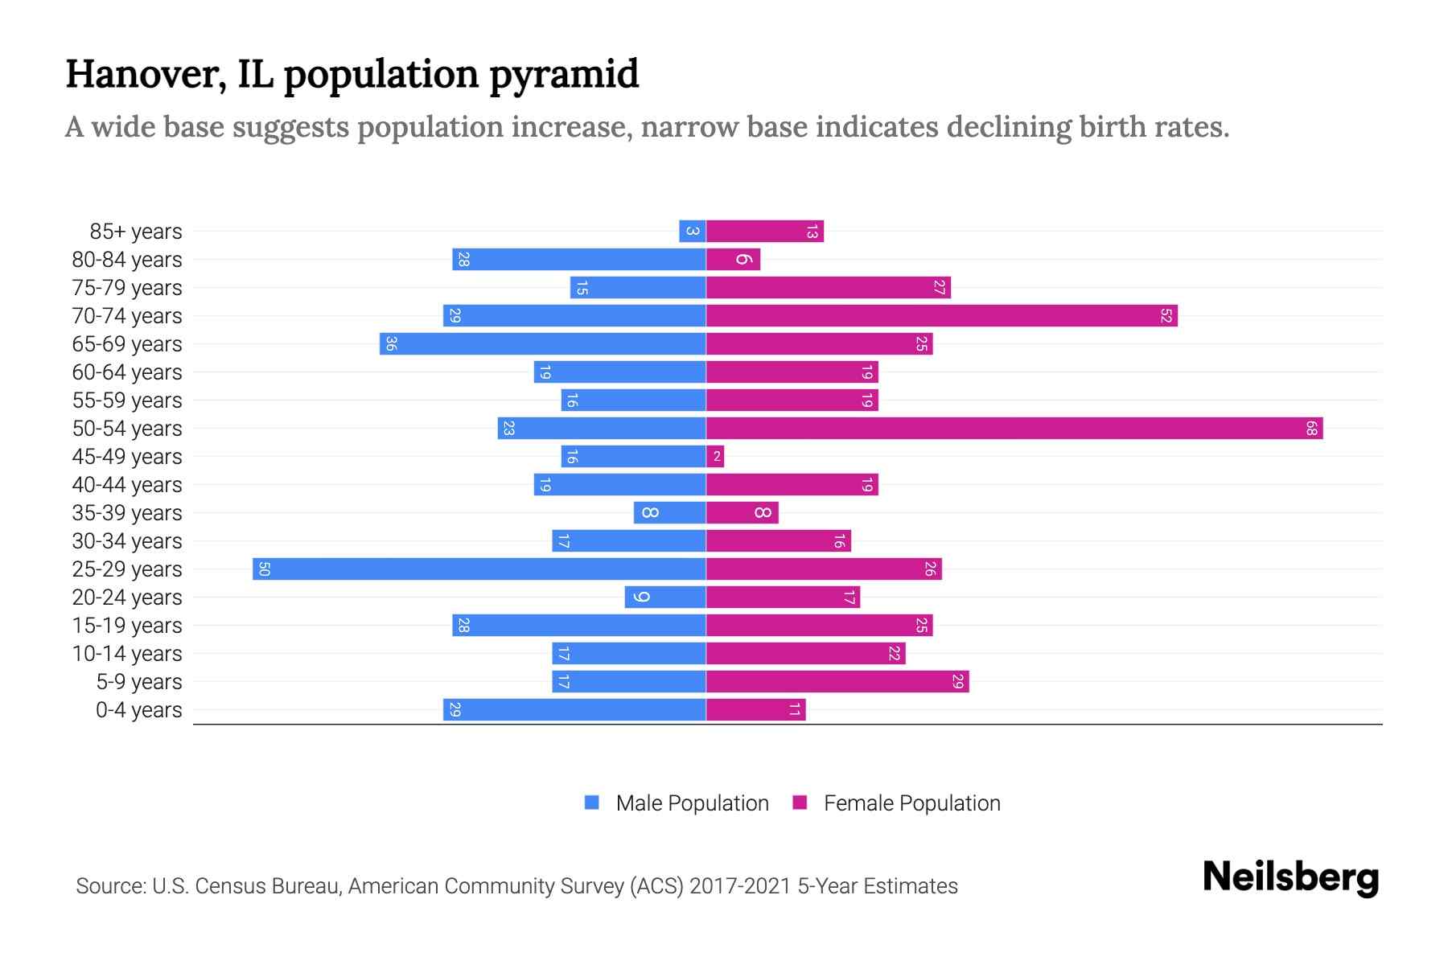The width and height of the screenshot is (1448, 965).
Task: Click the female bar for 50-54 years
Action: (x=1014, y=429)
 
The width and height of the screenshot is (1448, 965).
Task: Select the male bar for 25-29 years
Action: (x=479, y=569)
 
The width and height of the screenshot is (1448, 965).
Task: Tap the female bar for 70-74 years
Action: (x=941, y=316)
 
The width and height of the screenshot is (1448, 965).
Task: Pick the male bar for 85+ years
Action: (x=693, y=232)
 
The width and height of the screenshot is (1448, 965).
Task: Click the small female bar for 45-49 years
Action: (x=715, y=457)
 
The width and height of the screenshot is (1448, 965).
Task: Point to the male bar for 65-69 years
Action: (x=543, y=344)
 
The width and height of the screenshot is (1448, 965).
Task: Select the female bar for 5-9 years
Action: (x=837, y=682)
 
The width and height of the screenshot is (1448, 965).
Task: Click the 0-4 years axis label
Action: (x=138, y=710)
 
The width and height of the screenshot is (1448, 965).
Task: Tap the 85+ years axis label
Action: (x=136, y=232)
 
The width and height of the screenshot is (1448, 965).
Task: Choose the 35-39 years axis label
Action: (x=127, y=513)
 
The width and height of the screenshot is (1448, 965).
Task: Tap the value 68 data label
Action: (x=1311, y=429)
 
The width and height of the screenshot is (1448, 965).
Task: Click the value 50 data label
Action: (x=264, y=569)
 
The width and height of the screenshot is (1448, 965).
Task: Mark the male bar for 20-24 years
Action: (x=665, y=597)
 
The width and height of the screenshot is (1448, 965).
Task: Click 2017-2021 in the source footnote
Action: (x=740, y=886)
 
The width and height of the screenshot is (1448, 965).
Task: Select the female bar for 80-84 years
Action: (x=733, y=260)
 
